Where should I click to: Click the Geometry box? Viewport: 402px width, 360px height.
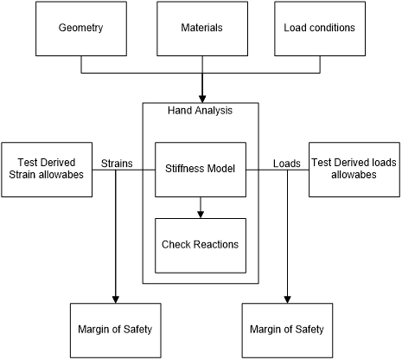[x=81, y=29]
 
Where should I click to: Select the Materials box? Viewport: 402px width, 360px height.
[x=202, y=29]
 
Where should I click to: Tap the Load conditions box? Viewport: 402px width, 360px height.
[x=320, y=29]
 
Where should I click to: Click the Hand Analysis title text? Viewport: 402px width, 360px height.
[x=200, y=111]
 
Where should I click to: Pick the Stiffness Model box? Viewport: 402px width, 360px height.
[x=201, y=170]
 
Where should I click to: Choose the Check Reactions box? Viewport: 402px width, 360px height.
[x=201, y=246]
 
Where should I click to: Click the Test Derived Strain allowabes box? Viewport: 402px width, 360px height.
[x=47, y=170]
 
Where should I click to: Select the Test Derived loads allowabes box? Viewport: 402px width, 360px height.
[x=354, y=170]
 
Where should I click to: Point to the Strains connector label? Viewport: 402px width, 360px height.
[x=117, y=164]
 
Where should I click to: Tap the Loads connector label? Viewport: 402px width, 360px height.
[x=287, y=164]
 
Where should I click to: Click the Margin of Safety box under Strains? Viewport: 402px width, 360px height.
[x=116, y=331]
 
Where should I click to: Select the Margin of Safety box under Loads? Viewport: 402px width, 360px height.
[x=287, y=331]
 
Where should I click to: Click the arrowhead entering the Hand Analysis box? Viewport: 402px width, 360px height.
[x=202, y=99]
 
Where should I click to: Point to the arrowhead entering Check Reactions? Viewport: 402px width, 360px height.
[x=201, y=215]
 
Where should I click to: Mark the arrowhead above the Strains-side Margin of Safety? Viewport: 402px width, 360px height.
[x=116, y=299]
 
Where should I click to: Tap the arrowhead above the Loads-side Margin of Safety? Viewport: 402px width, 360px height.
[x=287, y=299]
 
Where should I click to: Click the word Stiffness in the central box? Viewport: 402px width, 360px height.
[x=181, y=169]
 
